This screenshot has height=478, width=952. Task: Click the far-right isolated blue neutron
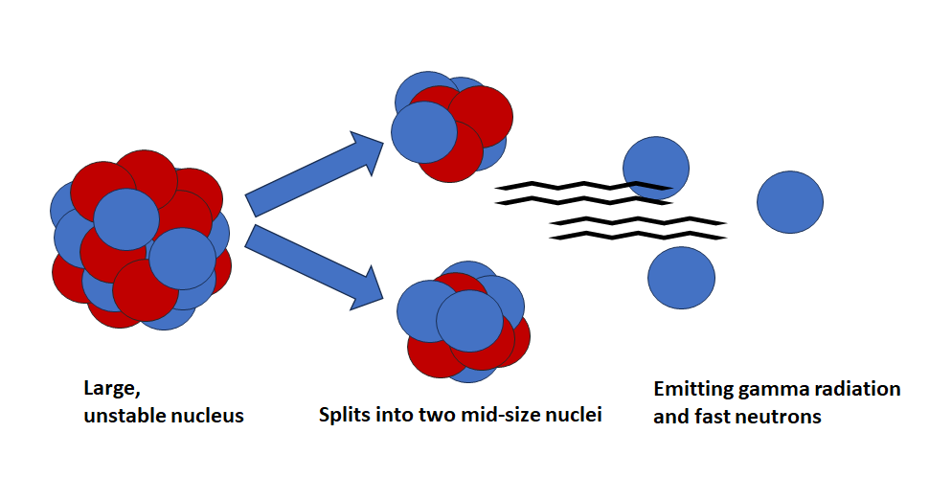click(x=790, y=201)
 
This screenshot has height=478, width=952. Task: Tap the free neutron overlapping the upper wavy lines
click(x=655, y=165)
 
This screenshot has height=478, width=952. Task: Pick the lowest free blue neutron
click(x=681, y=278)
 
